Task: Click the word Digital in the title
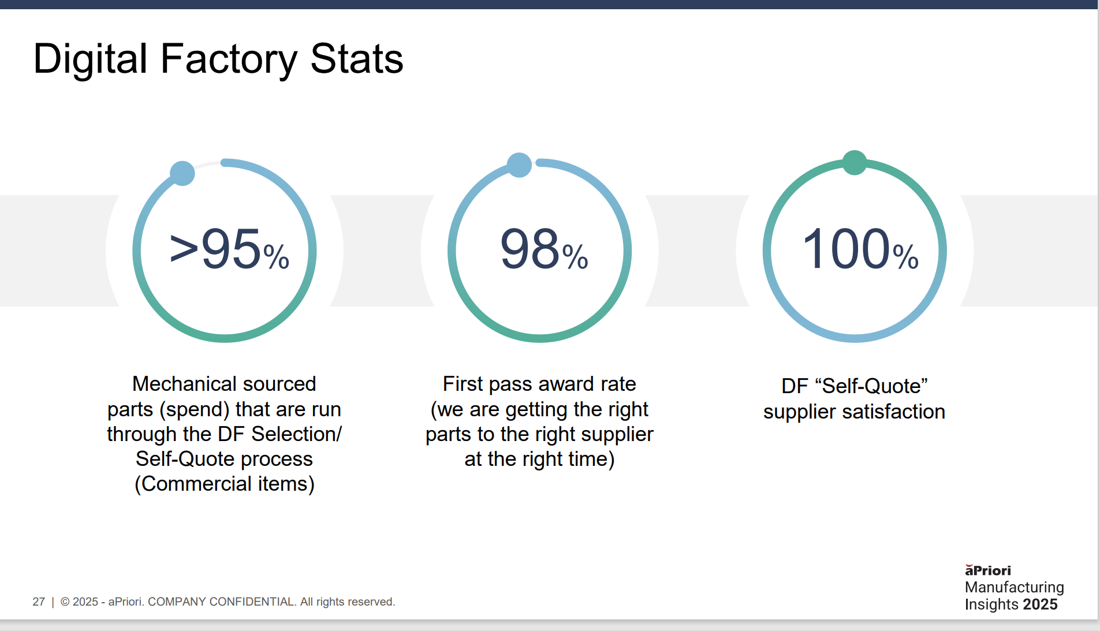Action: pyautogui.click(x=91, y=59)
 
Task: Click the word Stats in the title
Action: pyautogui.click(x=356, y=59)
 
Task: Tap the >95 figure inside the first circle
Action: pyautogui.click(x=215, y=249)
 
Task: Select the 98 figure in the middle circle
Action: pyautogui.click(x=530, y=249)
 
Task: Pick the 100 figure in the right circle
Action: pyautogui.click(x=846, y=249)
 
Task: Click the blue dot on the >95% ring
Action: pyautogui.click(x=182, y=173)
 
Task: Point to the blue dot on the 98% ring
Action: pyautogui.click(x=519, y=165)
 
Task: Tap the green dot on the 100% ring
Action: pyautogui.click(x=855, y=162)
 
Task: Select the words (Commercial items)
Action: pyautogui.click(x=225, y=484)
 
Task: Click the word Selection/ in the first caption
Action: pyautogui.click(x=297, y=434)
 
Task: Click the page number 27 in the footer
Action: pyautogui.click(x=39, y=602)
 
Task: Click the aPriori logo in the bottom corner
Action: pyautogui.click(x=988, y=570)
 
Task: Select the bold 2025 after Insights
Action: pyautogui.click(x=1040, y=604)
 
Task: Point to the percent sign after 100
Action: pyautogui.click(x=905, y=257)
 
